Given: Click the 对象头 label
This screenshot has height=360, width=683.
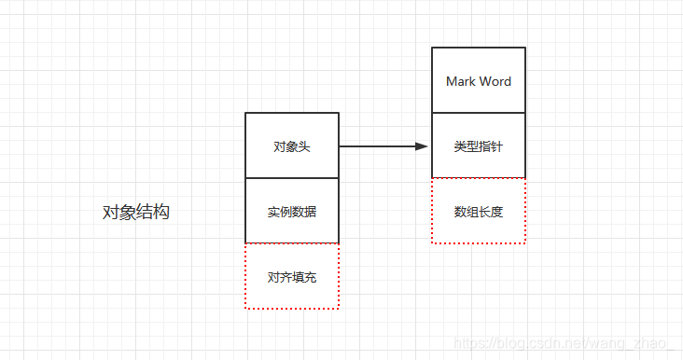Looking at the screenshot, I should [x=291, y=146].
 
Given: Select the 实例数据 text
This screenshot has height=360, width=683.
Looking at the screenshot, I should [x=291, y=212].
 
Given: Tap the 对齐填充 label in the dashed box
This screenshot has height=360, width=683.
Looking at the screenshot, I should [x=291, y=277].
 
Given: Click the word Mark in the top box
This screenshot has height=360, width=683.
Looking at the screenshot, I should [x=461, y=81].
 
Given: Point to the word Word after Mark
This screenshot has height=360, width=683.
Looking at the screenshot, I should [x=495, y=81].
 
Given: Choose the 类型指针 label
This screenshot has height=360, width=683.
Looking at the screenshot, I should [x=479, y=146].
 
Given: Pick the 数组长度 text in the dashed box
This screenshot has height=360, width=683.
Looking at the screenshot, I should [x=479, y=212].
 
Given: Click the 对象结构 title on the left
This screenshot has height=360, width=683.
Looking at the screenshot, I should [x=136, y=213].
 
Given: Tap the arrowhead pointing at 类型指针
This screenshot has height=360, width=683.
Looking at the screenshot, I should [x=421, y=146].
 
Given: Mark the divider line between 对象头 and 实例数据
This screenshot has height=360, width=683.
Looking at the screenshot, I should [x=291, y=178].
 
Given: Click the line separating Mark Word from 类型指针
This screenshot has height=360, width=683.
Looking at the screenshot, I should [x=479, y=113].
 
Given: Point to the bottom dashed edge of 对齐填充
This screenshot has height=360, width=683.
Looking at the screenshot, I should [x=291, y=309].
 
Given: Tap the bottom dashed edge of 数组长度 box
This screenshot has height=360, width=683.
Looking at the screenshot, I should [x=479, y=243].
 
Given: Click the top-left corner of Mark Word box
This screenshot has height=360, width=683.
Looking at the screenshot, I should [x=432, y=48].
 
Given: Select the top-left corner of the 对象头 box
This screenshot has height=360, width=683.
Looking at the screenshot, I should [x=245, y=113].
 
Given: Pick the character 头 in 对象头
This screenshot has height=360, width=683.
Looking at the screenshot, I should [x=304, y=146].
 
